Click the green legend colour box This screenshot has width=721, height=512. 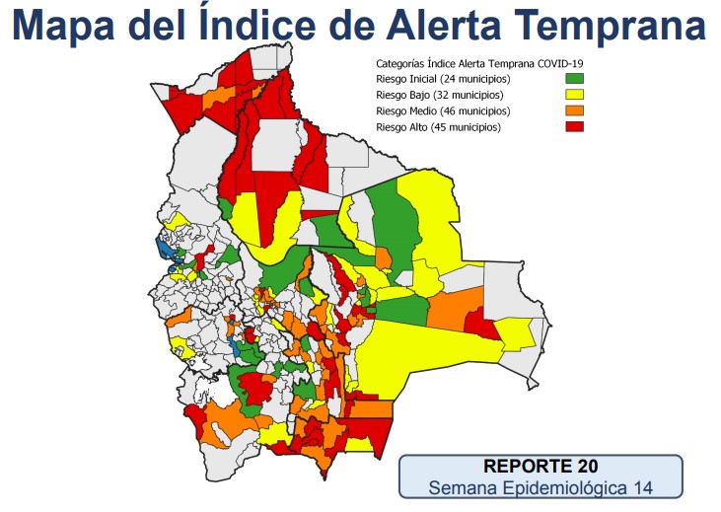[574, 78]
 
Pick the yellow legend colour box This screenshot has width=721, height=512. [574, 95]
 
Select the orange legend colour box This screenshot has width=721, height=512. [574, 111]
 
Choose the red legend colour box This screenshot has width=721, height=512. [574, 127]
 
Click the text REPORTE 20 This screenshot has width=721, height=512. [541, 466]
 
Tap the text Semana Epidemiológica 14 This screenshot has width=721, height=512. [541, 487]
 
